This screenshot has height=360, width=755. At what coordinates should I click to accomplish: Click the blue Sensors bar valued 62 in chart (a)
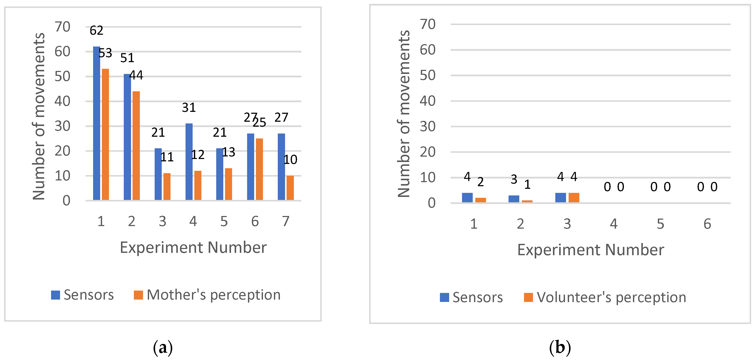(97, 123)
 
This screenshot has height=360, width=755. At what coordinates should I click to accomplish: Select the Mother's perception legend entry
(207, 295)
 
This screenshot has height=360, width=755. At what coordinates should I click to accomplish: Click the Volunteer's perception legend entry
(605, 297)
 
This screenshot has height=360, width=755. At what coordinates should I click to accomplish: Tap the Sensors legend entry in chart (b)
(471, 297)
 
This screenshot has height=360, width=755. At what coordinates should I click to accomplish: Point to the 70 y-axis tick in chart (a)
(62, 27)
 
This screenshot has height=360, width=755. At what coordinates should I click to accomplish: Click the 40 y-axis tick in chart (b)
(428, 101)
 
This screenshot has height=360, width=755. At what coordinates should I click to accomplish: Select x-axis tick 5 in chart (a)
(224, 221)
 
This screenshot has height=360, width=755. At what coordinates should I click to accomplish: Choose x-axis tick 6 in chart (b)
(707, 224)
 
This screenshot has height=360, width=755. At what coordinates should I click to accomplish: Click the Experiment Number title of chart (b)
(590, 250)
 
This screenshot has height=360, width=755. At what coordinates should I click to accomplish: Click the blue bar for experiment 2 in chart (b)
(514, 199)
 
